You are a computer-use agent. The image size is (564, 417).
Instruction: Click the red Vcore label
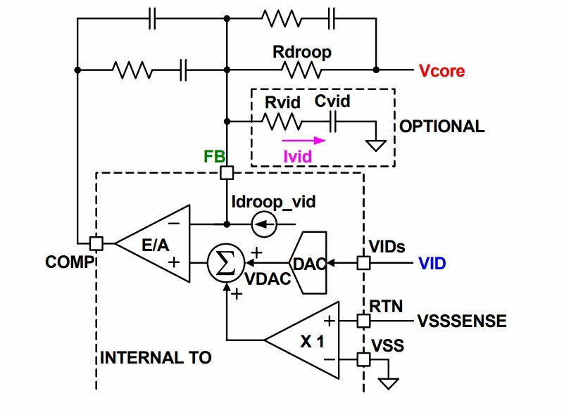[441, 71]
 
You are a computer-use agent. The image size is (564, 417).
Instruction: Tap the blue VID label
[432, 264]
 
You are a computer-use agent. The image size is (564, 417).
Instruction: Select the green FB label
[214, 156]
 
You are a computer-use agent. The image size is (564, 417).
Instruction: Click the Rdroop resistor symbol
[301, 70]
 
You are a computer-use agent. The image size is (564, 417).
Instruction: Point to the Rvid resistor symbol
[282, 122]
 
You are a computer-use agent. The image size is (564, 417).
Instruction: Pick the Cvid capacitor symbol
[333, 122]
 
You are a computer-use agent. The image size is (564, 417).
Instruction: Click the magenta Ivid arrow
[304, 141]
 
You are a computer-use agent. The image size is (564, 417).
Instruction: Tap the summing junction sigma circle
[226, 263]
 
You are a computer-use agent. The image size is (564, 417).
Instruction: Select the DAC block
[308, 263]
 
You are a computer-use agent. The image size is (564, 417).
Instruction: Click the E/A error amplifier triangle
[153, 243]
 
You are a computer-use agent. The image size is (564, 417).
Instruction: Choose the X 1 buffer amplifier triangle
[301, 340]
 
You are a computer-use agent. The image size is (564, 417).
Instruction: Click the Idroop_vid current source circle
[264, 224]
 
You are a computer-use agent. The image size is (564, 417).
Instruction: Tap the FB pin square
[227, 173]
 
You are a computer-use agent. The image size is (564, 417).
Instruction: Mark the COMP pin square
[96, 243]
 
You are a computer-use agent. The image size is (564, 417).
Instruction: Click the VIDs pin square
[363, 263]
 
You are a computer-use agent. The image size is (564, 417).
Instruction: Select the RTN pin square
[363, 321]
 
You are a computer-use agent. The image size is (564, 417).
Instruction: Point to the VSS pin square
[363, 359]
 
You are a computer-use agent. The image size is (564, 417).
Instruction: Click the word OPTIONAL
[442, 127]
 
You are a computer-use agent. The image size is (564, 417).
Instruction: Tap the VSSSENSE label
[462, 321]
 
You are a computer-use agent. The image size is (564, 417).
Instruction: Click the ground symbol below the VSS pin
[389, 383]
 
